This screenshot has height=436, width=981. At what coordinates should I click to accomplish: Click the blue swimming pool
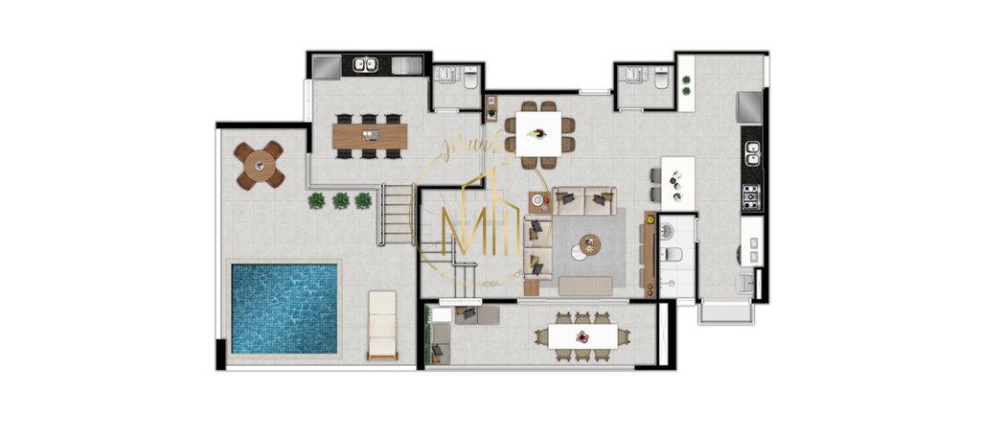click(284, 307)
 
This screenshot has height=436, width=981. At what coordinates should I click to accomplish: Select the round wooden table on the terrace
click(260, 166)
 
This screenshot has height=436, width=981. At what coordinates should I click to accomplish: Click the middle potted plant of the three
click(341, 200)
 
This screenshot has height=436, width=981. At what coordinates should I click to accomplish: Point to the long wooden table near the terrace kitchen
click(370, 135)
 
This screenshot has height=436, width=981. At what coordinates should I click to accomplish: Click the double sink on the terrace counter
click(364, 66)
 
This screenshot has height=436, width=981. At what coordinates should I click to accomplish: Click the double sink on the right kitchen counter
click(753, 153)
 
